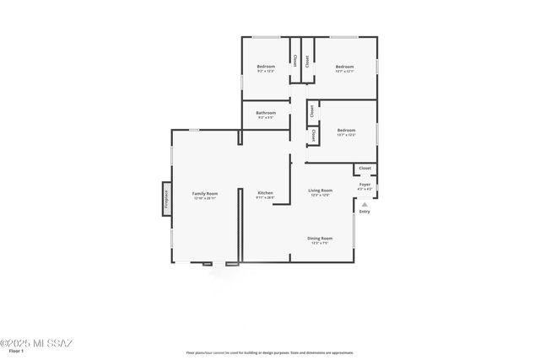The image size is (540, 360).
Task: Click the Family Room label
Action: [x=205, y=193]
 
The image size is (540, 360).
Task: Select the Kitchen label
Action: [x=265, y=193]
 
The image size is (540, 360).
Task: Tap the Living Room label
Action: [x=320, y=191]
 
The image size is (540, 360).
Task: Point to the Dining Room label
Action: [x=320, y=239]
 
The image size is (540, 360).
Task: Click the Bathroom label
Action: [x=267, y=112]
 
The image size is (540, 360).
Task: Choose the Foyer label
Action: [x=364, y=184]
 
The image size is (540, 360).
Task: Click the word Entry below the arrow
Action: [x=364, y=212]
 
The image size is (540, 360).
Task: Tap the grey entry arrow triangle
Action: [x=364, y=203]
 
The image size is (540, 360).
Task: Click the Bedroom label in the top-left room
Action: [x=266, y=66]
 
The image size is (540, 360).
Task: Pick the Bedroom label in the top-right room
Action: [x=344, y=66]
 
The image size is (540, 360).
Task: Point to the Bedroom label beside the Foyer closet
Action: [x=346, y=130]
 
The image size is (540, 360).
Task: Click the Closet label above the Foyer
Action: [x=365, y=169]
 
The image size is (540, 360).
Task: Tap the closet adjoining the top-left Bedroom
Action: [x=294, y=61]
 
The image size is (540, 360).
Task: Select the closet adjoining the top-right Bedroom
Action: [x=306, y=61]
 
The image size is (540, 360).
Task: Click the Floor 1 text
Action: [x=16, y=351]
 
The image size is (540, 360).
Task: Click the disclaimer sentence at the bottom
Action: [x=270, y=352]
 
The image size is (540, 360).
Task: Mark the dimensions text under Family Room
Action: [x=205, y=198]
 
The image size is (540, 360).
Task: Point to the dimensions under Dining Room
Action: [x=320, y=244]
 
